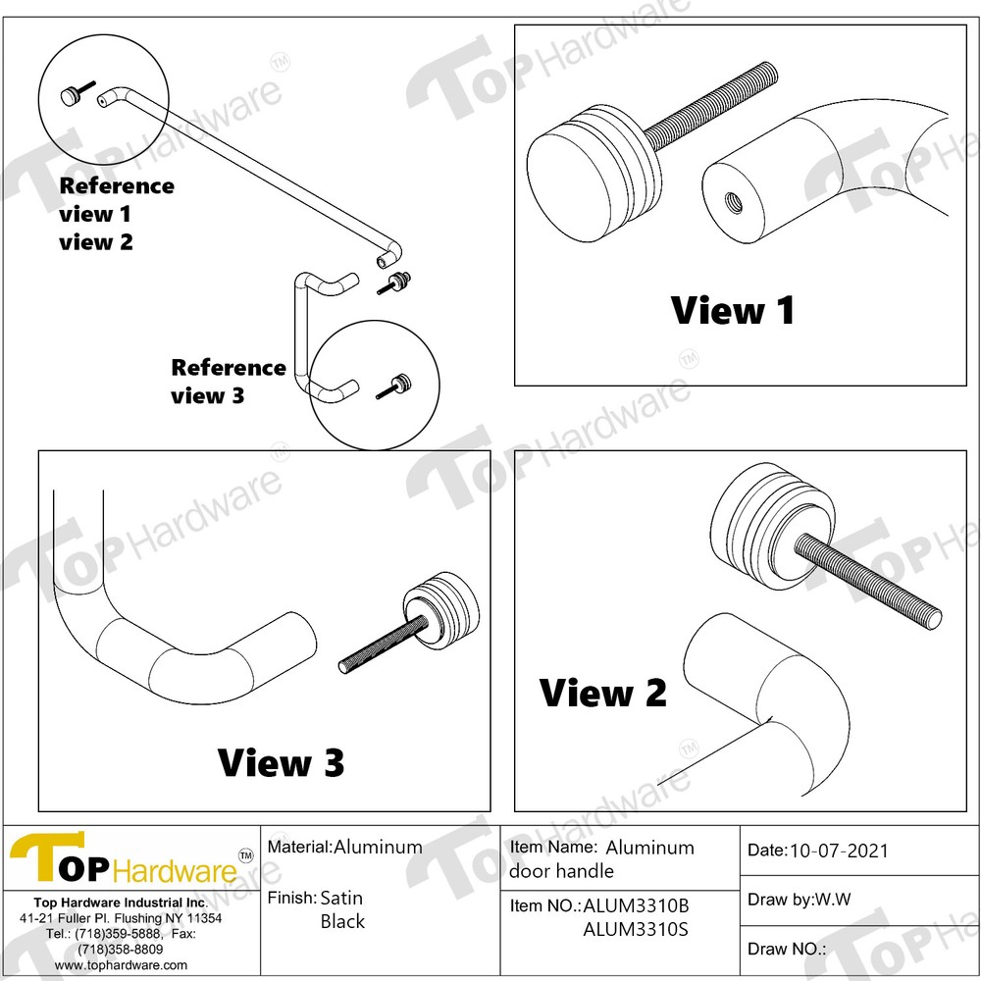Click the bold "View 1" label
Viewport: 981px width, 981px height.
pos(733,311)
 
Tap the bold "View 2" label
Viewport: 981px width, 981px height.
pos(603,694)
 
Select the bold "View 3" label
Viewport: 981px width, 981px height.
pos(281,762)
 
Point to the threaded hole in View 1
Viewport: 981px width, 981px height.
pos(732,202)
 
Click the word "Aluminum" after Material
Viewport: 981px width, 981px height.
pos(378,847)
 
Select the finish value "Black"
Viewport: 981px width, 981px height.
pos(342,921)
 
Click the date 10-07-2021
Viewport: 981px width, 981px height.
pos(839,851)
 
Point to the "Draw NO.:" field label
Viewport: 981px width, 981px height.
pos(787,949)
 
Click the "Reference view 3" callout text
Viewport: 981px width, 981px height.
pos(228,382)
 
